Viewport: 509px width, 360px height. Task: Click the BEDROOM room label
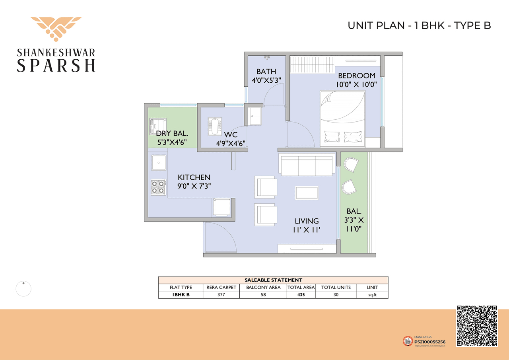click(357, 76)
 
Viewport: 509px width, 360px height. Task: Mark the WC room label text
click(231, 135)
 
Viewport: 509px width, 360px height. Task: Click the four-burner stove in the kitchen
click(158, 187)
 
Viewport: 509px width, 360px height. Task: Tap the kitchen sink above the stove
click(158, 162)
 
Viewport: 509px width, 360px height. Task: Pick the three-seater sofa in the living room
click(307, 165)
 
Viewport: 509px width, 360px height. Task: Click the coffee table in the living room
click(307, 193)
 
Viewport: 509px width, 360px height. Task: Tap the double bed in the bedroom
click(343, 117)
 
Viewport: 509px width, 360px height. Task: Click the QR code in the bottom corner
click(476, 326)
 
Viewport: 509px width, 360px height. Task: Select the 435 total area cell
click(301, 295)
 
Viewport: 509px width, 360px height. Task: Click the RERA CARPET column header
click(221, 287)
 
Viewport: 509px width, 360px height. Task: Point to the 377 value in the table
click(221, 295)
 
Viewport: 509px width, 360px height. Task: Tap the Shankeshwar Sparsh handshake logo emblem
click(56, 29)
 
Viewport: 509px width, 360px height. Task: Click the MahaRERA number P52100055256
click(430, 342)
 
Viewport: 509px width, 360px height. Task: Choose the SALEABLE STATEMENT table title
click(273, 280)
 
